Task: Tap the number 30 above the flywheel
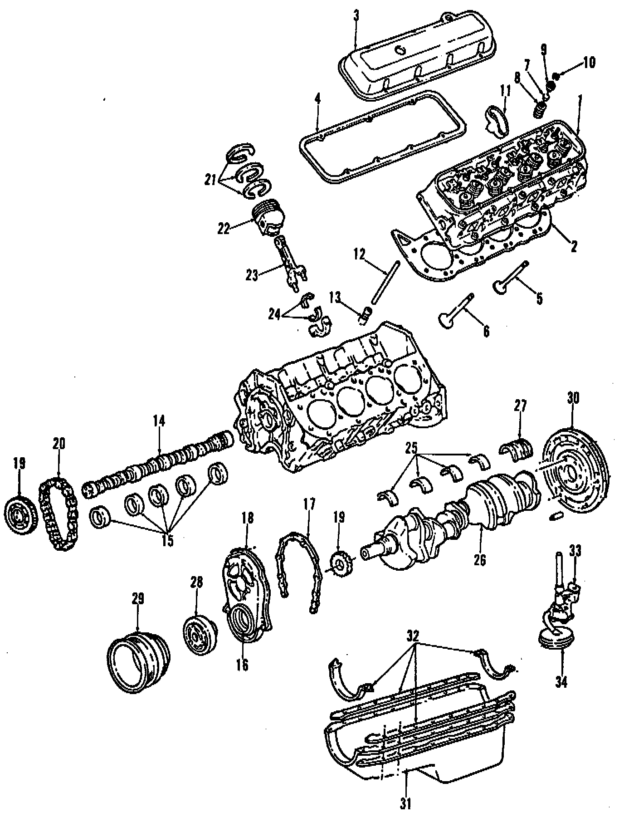tap(573, 399)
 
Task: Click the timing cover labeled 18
tap(247, 590)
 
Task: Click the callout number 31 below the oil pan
tap(406, 804)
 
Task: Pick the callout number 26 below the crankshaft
tap(480, 560)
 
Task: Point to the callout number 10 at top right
tap(588, 62)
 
